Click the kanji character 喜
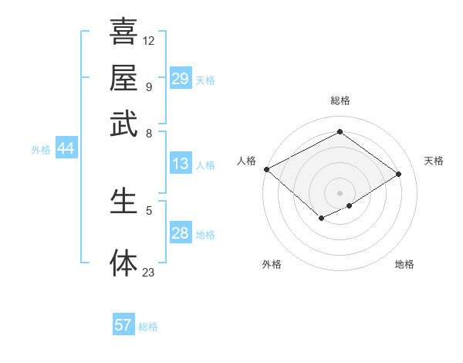pyautogui.click(x=123, y=32)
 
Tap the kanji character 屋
pyautogui.click(x=123, y=77)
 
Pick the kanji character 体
pyautogui.click(x=123, y=263)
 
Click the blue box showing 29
pyautogui.click(x=181, y=79)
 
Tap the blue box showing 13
pyautogui.click(x=181, y=164)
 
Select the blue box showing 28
pyautogui.click(x=181, y=233)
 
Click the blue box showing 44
pyautogui.click(x=66, y=149)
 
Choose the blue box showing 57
pyautogui.click(x=123, y=325)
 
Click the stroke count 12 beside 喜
pyautogui.click(x=149, y=40)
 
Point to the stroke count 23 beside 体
pyautogui.click(x=149, y=272)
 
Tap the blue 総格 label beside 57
pyautogui.click(x=148, y=327)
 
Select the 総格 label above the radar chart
pyautogui.click(x=340, y=100)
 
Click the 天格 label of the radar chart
pyautogui.click(x=434, y=161)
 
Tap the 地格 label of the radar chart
pyautogui.click(x=404, y=264)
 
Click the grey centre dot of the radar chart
pyautogui.click(x=340, y=192)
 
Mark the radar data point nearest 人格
pyautogui.click(x=266, y=169)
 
